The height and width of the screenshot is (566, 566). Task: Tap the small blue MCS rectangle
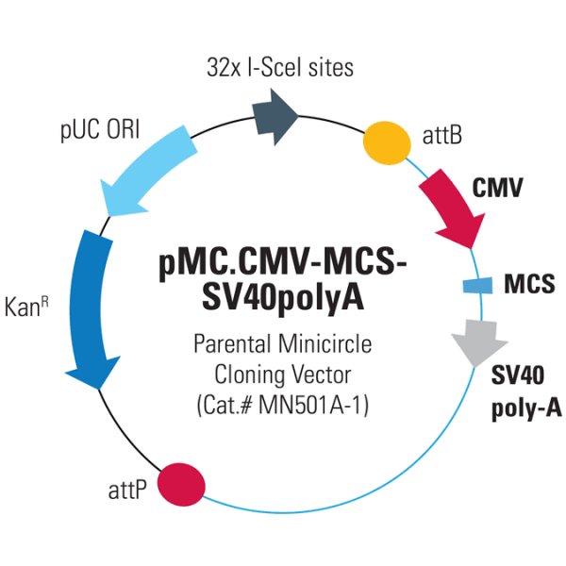coord(477,284)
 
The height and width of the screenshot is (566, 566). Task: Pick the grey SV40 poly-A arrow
coord(474,341)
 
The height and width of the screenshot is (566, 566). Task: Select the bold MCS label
coord(529,283)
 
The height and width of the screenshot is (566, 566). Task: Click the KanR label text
coord(27,307)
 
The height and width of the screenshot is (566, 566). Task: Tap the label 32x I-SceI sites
coord(280,67)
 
